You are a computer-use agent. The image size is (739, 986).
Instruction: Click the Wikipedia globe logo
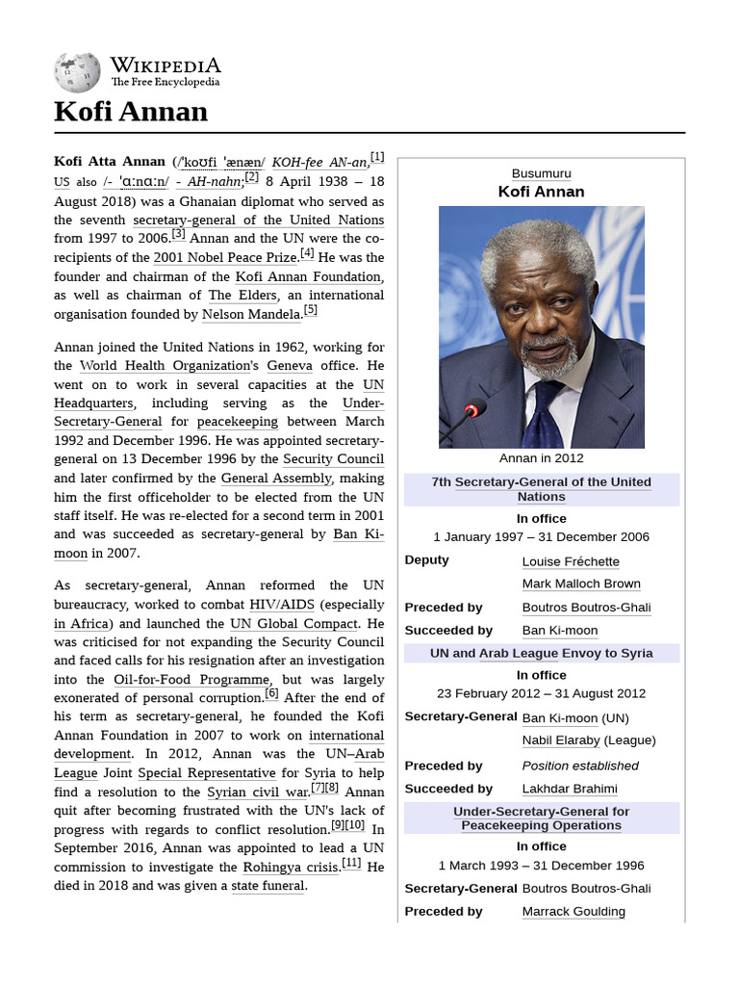[77, 72]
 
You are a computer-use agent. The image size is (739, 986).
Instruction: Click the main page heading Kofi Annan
[131, 112]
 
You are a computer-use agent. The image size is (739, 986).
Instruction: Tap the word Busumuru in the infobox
[541, 173]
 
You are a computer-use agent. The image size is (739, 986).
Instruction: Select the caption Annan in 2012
[541, 458]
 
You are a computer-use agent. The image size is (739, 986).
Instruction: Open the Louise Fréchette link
[571, 561]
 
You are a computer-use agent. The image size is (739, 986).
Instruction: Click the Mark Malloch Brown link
[581, 584]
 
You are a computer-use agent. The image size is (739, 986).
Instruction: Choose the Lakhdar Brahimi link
[570, 789]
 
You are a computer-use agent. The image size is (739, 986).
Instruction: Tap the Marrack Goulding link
[573, 911]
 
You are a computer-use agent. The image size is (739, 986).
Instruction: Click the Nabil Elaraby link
[561, 740]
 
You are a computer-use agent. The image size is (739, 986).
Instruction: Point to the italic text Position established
[580, 765]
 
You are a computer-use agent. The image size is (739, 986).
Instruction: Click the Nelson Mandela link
[252, 314]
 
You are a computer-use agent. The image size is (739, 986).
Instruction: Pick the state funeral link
[268, 886]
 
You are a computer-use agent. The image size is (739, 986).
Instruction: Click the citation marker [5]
[310, 310]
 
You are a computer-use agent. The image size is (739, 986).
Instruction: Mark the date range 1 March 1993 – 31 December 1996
[541, 866]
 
